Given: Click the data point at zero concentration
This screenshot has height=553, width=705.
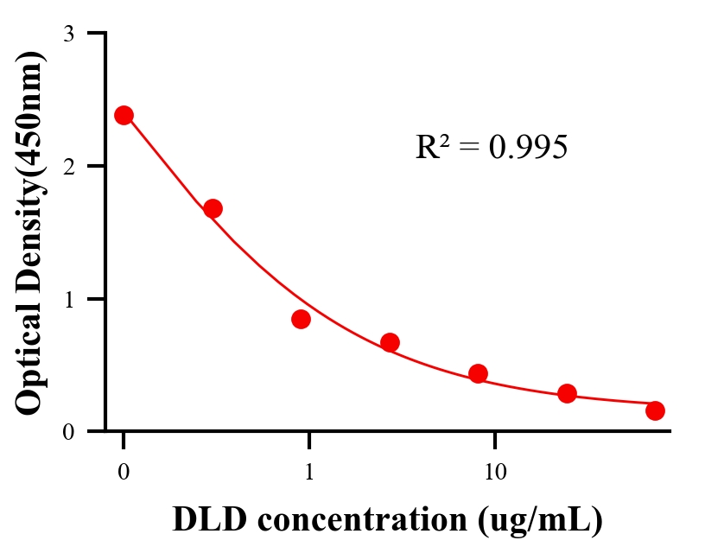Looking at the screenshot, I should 124,115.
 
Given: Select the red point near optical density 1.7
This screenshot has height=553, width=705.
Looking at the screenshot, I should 213,208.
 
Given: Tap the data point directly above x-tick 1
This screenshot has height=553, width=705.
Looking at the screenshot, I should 301,319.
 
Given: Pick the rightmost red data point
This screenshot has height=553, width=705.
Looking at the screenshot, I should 655,410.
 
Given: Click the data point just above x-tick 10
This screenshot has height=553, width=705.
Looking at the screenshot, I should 478,373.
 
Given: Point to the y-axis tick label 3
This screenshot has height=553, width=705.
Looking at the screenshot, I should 68,34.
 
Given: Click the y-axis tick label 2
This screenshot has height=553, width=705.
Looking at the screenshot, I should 68,166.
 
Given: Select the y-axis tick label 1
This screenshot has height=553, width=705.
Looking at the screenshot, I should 68,299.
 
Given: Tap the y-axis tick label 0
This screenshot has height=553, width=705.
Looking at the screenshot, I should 68,431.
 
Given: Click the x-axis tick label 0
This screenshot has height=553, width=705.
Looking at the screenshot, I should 124,473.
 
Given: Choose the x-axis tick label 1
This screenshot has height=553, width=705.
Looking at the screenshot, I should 308,473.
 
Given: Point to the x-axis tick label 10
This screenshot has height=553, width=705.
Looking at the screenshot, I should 495,473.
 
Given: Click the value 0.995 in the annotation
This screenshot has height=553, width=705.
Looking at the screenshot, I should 528,148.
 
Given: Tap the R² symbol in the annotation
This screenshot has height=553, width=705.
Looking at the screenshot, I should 431,148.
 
